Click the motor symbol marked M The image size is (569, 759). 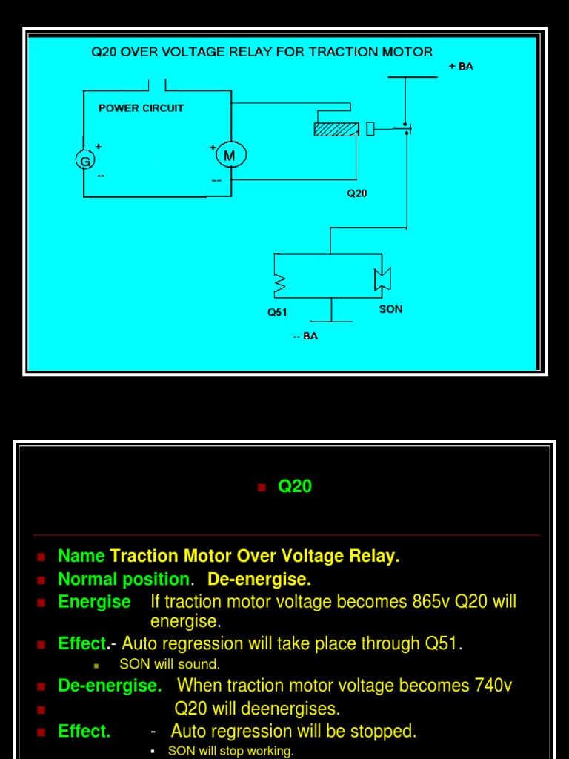tap(230, 156)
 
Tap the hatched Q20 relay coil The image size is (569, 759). tap(336, 130)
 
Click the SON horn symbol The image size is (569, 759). tap(382, 279)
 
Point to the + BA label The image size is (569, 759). tap(461, 66)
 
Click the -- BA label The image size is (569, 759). tap(305, 336)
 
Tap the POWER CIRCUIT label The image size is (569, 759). tap(141, 107)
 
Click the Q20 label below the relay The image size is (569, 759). tap(356, 193)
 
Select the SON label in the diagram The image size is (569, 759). tap(390, 308)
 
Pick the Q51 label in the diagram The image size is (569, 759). tap(277, 312)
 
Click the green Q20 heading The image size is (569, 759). tap(295, 486)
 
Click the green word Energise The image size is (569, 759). tap(94, 601)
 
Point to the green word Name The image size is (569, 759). tap(81, 556)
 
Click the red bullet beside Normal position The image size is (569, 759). tap(41, 580)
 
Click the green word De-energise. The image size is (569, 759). tap(110, 685)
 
